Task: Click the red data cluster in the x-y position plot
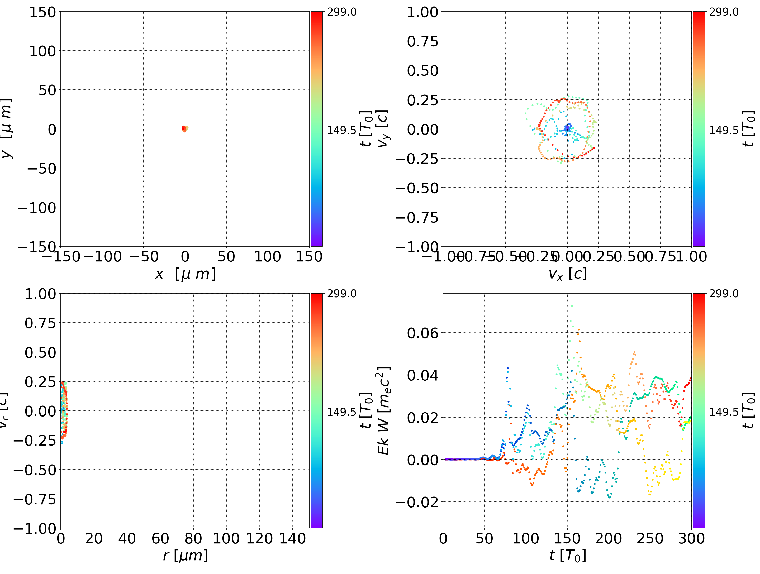(x=184, y=129)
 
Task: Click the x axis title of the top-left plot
(x=185, y=274)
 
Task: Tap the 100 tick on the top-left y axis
(x=42, y=51)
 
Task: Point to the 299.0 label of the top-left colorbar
(x=341, y=12)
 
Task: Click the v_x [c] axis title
(x=567, y=274)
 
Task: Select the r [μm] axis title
(x=185, y=556)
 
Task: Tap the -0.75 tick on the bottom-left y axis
(x=34, y=499)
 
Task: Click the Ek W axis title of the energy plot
(x=383, y=410)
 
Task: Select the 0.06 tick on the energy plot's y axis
(x=422, y=333)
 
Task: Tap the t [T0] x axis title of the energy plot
(x=567, y=556)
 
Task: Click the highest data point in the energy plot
(x=572, y=306)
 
